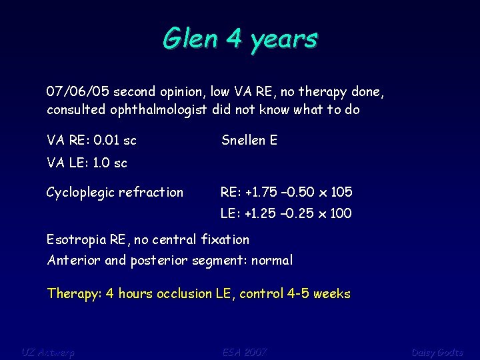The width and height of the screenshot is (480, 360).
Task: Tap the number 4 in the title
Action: (x=233, y=39)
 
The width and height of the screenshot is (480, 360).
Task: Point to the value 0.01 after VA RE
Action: (x=107, y=141)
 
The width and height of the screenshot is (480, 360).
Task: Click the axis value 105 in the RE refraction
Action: (x=341, y=193)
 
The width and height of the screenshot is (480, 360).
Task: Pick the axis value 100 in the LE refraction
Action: (x=340, y=214)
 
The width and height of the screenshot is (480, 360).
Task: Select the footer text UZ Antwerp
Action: (x=48, y=351)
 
